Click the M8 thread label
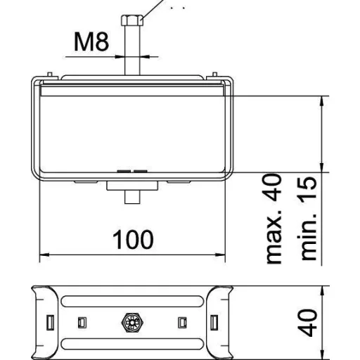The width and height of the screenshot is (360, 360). [x=91, y=41]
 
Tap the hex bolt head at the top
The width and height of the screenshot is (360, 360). [x=132, y=20]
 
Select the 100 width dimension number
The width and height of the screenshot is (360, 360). [x=133, y=240]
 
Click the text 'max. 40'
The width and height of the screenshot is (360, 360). [x=274, y=219]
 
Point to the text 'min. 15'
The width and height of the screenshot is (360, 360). [x=309, y=219]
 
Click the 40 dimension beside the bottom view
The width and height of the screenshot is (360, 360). [x=309, y=323]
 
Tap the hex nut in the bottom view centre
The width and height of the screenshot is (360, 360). [x=132, y=323]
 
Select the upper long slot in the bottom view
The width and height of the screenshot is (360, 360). [x=132, y=301]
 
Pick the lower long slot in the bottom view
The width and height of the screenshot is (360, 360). [x=132, y=344]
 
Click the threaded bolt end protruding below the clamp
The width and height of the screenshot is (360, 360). [x=132, y=197]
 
